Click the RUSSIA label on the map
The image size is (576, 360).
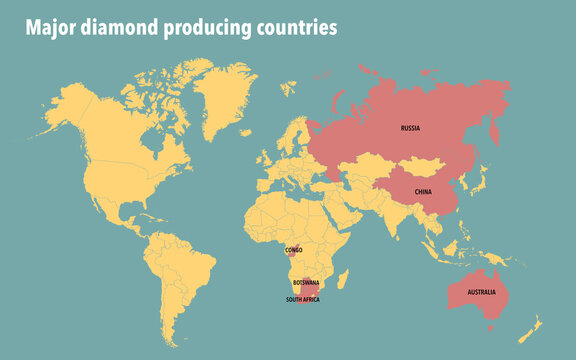(x=410, y=128)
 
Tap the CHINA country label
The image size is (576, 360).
(x=423, y=192)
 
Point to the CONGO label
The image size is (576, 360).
(x=293, y=250)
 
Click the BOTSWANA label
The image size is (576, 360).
(x=306, y=283)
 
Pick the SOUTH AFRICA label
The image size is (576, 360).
(x=303, y=299)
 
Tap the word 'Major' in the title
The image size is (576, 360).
(x=48, y=28)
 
